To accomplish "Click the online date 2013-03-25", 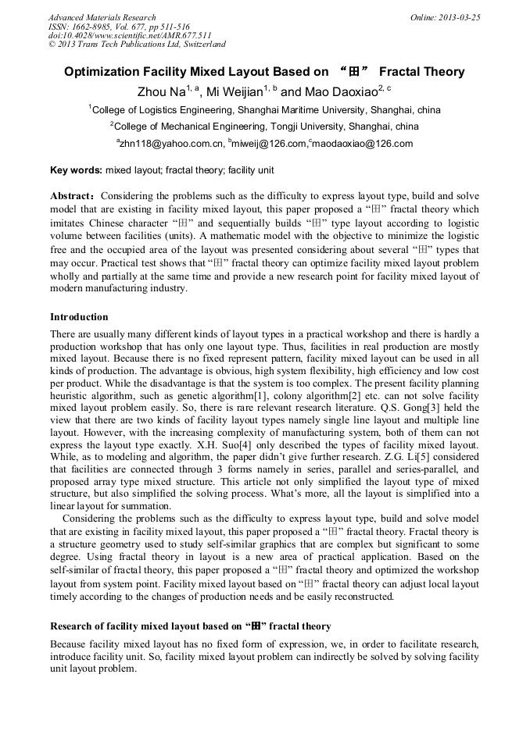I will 459,17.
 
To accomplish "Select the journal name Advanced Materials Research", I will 102,17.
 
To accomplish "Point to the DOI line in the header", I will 130,35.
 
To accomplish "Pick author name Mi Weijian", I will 235,92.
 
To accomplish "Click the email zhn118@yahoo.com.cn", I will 170,144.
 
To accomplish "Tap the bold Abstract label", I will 73,195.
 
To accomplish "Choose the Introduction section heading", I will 79,317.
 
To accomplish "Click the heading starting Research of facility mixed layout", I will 191,626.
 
